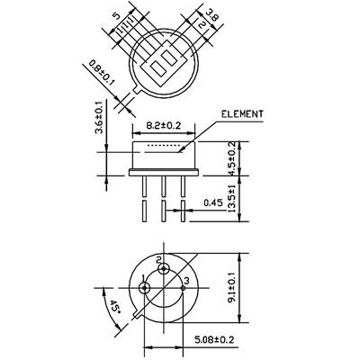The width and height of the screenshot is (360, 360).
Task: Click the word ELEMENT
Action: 242,114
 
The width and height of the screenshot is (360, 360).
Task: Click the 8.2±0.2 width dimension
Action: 164,125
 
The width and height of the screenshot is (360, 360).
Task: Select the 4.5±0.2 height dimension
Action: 231,158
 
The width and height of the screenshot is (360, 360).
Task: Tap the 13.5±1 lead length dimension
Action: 231,199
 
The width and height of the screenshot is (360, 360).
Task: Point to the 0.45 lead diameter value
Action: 213,202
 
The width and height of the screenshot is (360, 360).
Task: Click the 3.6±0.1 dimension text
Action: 99,117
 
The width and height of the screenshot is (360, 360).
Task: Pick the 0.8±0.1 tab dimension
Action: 102,73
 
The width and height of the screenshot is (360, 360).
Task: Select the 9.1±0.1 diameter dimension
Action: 231,289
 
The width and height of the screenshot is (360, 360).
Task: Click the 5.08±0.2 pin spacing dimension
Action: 214,340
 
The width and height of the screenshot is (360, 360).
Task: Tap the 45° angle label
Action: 113,307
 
